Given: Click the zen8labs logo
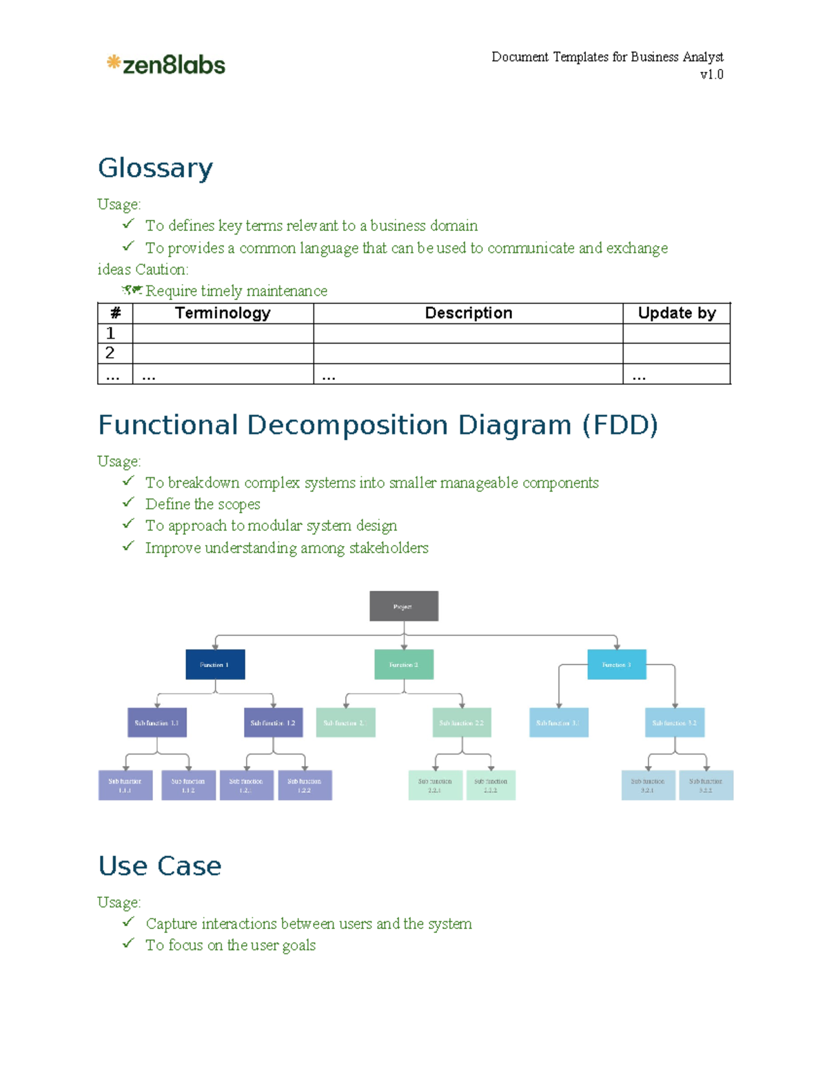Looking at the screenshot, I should coord(166,65).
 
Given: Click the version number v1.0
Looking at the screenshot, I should coord(711,74).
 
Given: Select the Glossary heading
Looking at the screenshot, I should coord(156,168).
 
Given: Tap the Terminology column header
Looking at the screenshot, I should coord(223,313).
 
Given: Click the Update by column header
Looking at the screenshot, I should coord(676,313).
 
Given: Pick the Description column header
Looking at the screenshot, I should coord(468,313).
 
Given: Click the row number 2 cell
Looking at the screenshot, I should coord(114,353).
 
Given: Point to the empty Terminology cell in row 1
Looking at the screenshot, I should coord(223,333).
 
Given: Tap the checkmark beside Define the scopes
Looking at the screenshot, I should coord(128,503).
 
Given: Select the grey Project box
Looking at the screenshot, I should coord(404,606).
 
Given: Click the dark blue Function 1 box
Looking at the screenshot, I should coord(215,664).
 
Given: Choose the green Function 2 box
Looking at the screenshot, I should coord(404,664).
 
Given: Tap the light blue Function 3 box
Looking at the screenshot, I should coord(617,664).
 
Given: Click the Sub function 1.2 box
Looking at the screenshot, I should coord(274,723).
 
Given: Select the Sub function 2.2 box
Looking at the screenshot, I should coord(462,723).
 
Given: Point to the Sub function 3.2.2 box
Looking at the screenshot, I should coord(706,785).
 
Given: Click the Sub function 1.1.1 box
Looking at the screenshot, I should coord(125,785).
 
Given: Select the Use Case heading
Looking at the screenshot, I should coord(160,866).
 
